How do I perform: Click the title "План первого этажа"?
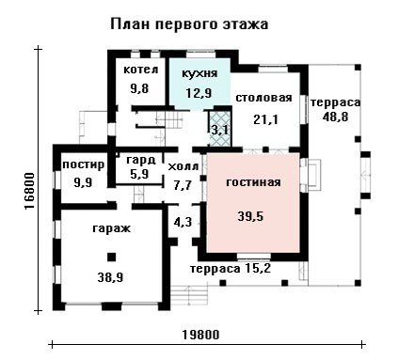[x=189, y=24]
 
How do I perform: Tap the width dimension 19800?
[x=200, y=335]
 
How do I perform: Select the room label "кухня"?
[x=199, y=73]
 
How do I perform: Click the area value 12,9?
[x=199, y=93]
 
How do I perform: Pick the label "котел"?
[x=141, y=70]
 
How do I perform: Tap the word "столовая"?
[x=263, y=98]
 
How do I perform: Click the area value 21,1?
[x=265, y=119]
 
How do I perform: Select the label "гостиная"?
[x=253, y=182]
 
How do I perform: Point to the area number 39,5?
[x=250, y=216]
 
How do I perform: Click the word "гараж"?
[x=111, y=228]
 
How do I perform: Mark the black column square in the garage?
[x=111, y=258]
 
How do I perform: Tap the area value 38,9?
[x=110, y=277]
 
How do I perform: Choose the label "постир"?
[x=84, y=164]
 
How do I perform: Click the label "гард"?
[x=141, y=160]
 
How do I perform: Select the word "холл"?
[x=183, y=166]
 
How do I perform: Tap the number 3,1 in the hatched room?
[x=220, y=130]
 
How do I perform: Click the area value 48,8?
[x=335, y=117]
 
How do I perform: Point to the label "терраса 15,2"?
[x=231, y=269]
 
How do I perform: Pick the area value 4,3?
[x=183, y=222]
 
